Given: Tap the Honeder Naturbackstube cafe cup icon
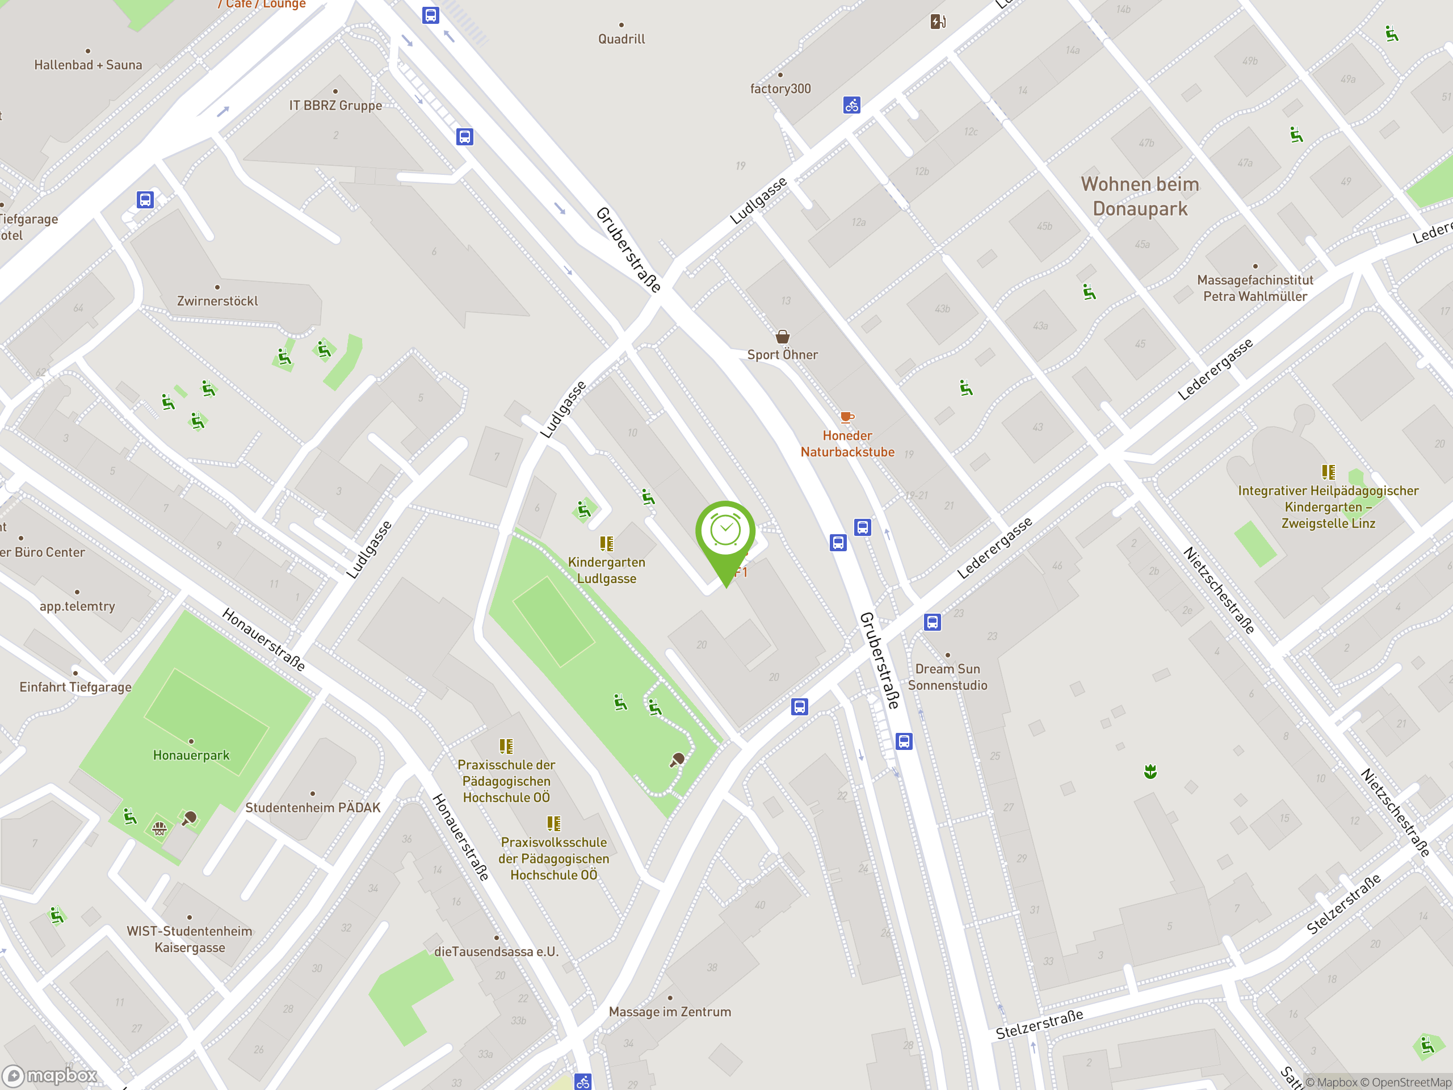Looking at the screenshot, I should pos(847,417).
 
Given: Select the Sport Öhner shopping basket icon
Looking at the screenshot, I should pos(782,337).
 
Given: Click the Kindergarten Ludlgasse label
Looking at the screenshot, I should pos(606,571).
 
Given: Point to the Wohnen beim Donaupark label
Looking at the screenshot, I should pos(1140,196).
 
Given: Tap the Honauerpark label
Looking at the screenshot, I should pos(191,755).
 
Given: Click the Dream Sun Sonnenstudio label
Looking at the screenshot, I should pos(947,677).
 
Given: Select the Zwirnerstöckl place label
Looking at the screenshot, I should pos(217,301).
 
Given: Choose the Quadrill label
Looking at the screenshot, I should pos(621,39).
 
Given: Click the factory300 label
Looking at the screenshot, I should pos(780,89).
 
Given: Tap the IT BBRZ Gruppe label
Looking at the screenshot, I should pos(335,105).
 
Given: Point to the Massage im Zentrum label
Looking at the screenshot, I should pos(669,1012).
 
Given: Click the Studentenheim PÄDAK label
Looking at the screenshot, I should pos(313,807).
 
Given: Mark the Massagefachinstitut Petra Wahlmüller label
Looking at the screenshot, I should pos(1254,288).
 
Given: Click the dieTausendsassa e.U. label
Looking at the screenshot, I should pos(497,951).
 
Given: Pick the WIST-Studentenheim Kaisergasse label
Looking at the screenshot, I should pos(189,939).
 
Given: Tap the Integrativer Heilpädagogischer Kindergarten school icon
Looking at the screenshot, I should pos(1328,472).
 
